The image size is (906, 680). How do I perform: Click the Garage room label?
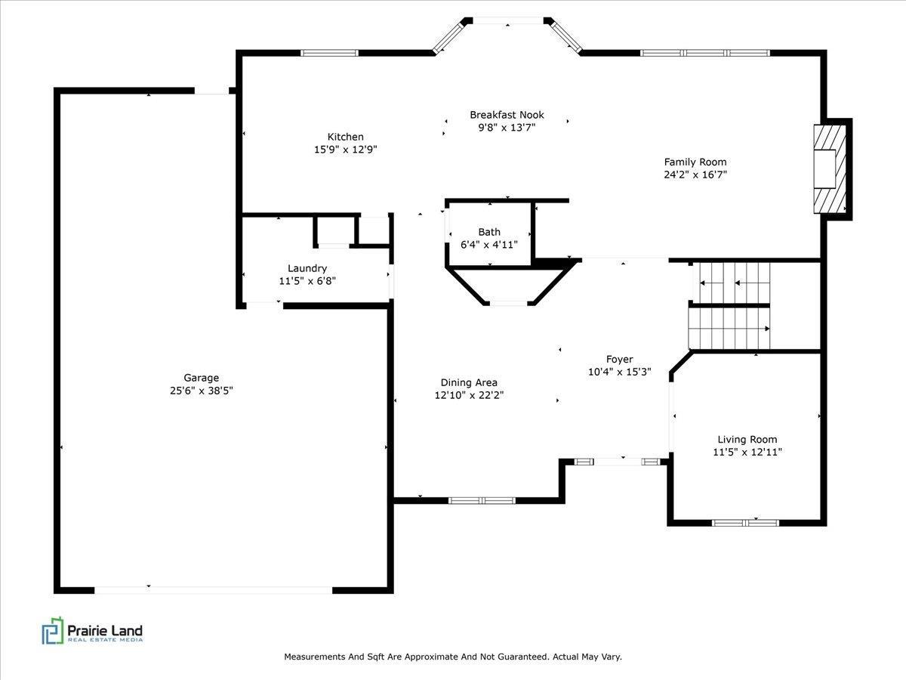[201, 378]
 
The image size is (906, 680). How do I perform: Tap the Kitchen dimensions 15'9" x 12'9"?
[345, 150]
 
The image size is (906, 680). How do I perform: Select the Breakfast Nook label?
[507, 115]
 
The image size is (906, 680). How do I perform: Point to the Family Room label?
[695, 162]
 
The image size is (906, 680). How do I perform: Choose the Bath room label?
[488, 232]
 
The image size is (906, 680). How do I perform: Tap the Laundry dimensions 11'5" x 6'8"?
[307, 281]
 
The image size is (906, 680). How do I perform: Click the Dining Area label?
[469, 382]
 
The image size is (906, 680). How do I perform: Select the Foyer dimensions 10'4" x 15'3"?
[619, 372]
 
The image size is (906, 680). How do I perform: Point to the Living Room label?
[747, 439]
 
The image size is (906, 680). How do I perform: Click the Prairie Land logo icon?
[53, 632]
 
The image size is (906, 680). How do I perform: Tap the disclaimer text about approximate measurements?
[452, 657]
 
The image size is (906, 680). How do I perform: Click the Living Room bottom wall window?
[746, 521]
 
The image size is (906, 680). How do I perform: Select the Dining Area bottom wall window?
[482, 500]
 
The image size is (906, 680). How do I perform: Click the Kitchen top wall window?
[329, 53]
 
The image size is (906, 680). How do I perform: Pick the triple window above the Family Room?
[704, 53]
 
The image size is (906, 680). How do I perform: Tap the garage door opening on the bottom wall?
[213, 589]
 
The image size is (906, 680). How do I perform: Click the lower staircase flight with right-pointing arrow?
[729, 328]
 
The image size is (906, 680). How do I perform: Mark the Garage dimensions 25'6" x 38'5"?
[201, 391]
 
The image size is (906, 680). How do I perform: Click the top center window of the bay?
[507, 20]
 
